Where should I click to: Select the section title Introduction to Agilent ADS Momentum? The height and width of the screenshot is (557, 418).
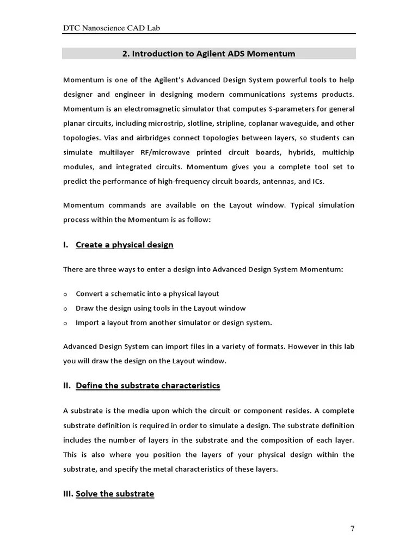(x=213, y=53)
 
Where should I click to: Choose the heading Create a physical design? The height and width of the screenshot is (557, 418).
(x=124, y=245)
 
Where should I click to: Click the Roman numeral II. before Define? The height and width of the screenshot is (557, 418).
(x=67, y=386)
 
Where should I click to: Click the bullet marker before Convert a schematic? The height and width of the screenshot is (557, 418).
(x=65, y=294)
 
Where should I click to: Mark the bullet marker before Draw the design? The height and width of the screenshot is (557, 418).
(x=65, y=308)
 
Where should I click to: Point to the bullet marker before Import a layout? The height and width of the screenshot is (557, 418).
(x=65, y=323)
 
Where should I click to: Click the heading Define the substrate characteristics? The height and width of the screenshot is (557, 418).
(x=147, y=386)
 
